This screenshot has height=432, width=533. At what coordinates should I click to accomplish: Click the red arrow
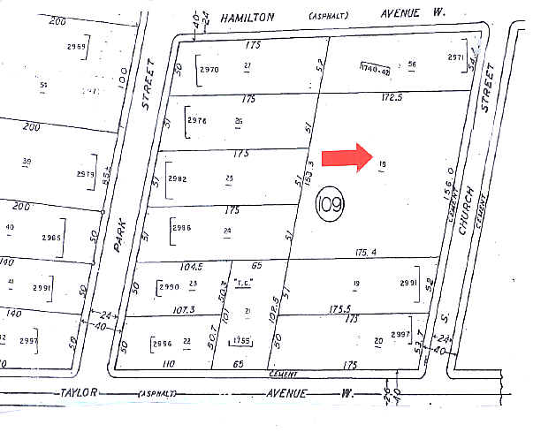pyautogui.click(x=346, y=156)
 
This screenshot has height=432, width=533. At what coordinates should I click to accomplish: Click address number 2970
pyautogui.click(x=209, y=68)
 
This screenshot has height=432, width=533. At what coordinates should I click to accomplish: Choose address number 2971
pyautogui.click(x=454, y=57)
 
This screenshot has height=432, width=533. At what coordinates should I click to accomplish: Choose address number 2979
pyautogui.click(x=85, y=174)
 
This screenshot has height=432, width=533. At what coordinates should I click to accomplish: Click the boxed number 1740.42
pyautogui.click(x=375, y=67)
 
